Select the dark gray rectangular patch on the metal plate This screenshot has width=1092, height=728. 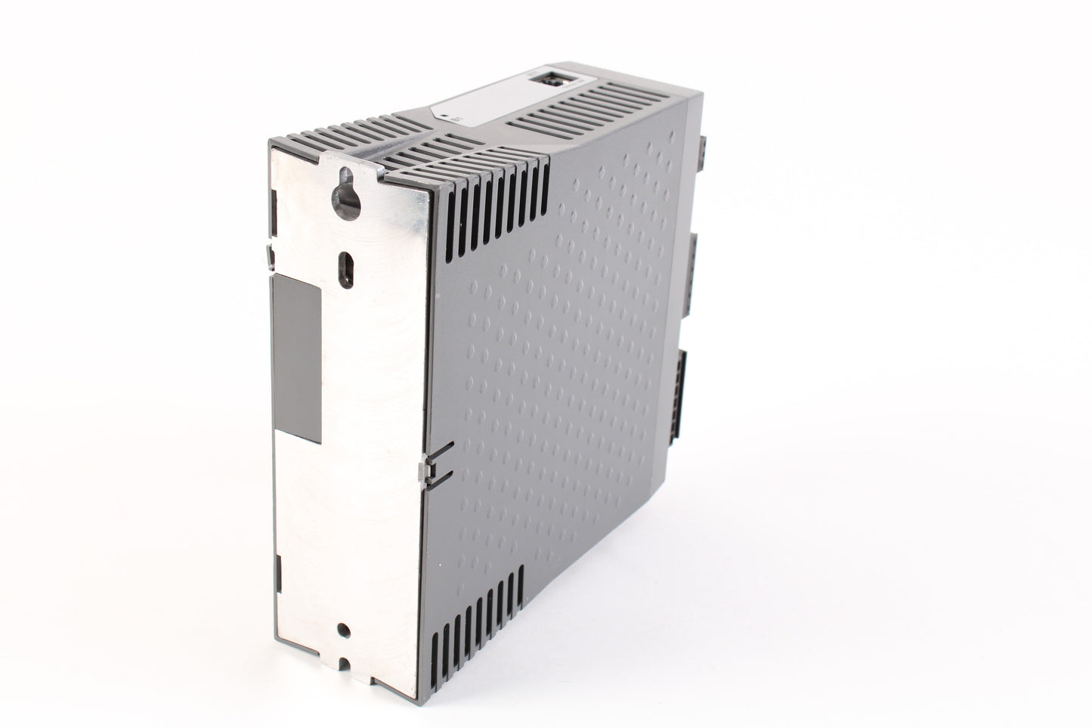point(297,356)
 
